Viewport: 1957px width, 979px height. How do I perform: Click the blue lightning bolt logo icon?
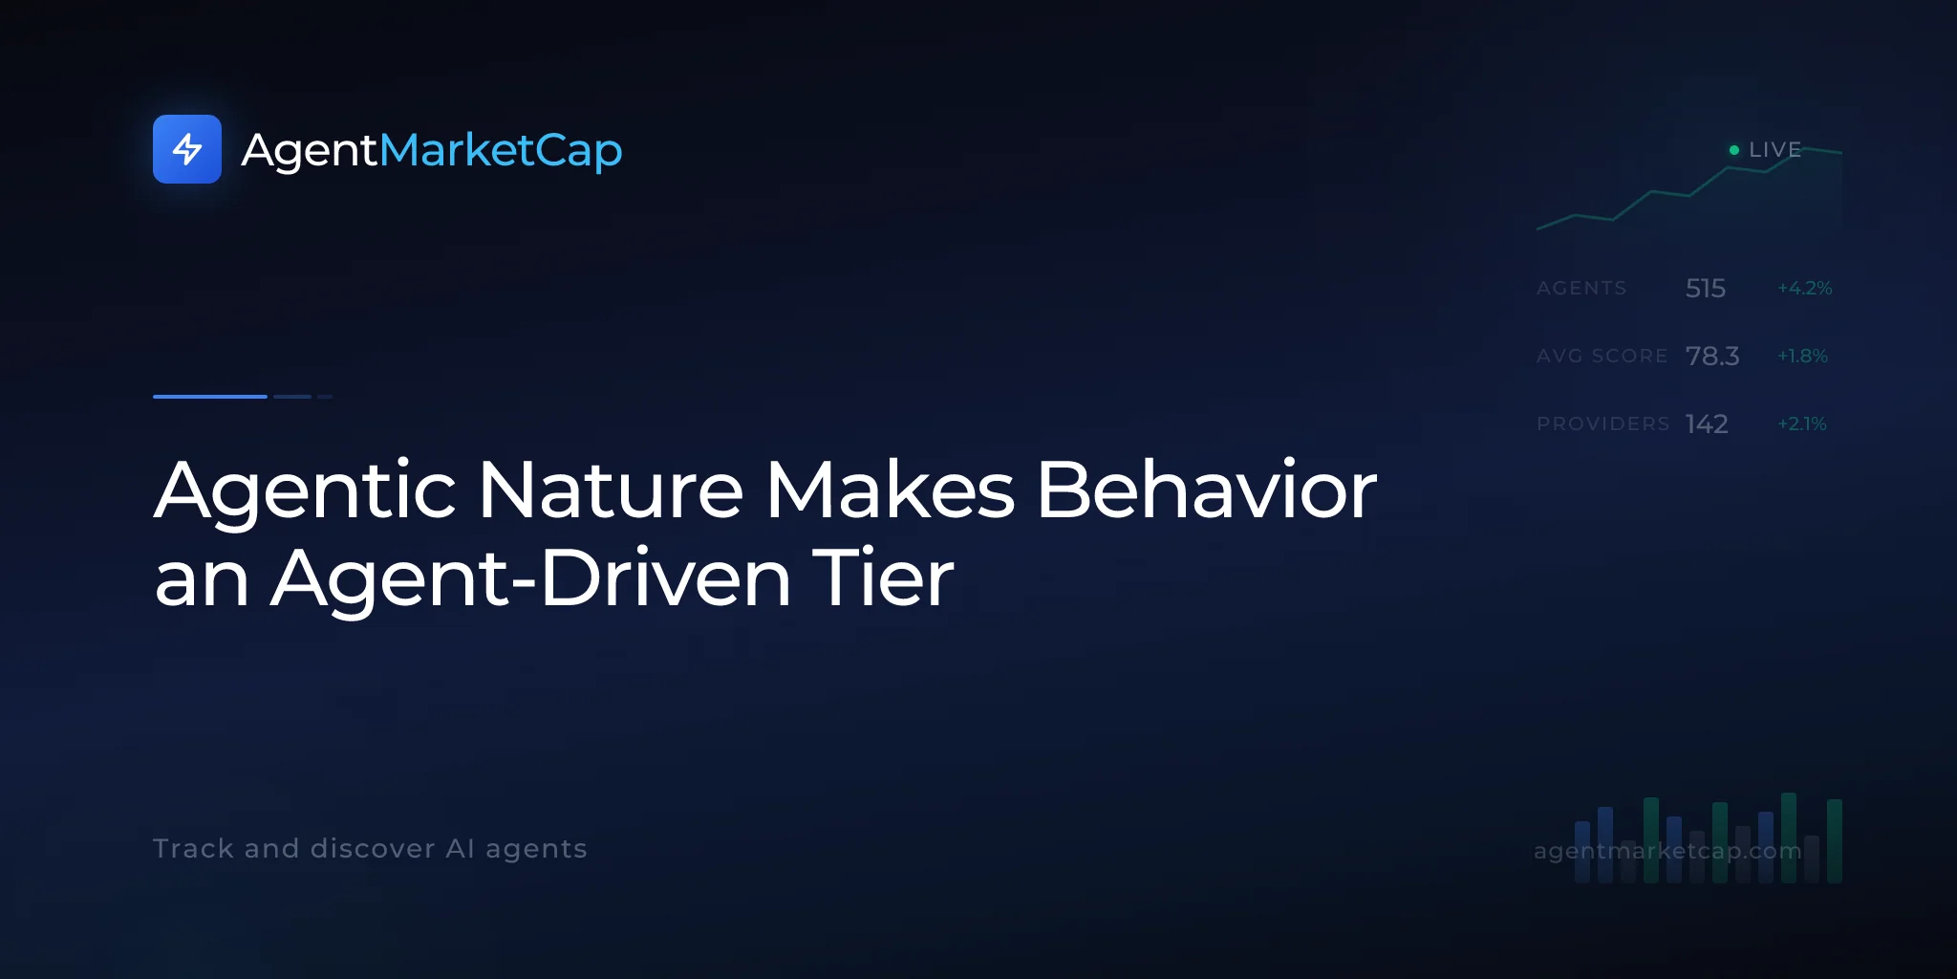point(187,149)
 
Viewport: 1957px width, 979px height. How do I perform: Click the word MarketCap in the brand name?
point(501,151)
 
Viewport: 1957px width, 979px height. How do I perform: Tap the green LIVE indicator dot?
point(1734,150)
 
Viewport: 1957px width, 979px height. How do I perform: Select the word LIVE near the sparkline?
point(1774,150)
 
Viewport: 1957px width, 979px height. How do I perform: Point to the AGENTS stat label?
point(1581,288)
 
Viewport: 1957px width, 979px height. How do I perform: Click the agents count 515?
point(1706,288)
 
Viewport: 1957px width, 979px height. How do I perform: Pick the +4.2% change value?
point(1804,288)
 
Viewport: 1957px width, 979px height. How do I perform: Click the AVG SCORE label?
point(1602,356)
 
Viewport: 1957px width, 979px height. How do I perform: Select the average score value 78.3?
point(1712,356)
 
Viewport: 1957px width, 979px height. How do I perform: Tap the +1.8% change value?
point(1802,356)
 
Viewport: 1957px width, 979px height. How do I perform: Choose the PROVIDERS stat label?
point(1603,424)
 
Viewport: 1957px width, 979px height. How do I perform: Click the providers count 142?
point(1707,424)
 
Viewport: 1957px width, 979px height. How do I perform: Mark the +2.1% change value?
point(1802,424)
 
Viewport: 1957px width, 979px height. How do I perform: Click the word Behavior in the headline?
point(1207,489)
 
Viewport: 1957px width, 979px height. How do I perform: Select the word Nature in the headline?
point(611,489)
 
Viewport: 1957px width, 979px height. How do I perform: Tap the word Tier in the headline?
point(883,577)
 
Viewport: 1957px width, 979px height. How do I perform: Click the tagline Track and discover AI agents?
point(370,849)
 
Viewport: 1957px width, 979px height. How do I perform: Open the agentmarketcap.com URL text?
point(1667,851)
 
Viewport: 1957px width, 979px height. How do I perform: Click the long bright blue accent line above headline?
point(210,396)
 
